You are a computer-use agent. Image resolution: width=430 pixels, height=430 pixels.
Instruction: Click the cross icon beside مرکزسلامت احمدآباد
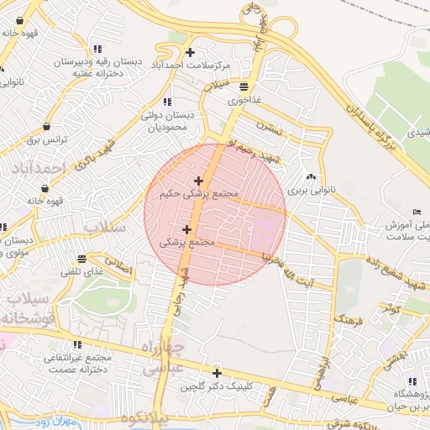click(x=191, y=53)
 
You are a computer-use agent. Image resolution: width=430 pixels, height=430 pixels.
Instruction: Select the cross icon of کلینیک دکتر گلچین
click(x=217, y=373)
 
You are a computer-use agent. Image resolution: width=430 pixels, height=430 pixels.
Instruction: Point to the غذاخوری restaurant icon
click(x=244, y=86)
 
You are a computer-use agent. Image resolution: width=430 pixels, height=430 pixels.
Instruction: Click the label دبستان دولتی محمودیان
click(x=179, y=123)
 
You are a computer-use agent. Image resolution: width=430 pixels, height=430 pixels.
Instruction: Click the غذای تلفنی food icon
click(x=81, y=259)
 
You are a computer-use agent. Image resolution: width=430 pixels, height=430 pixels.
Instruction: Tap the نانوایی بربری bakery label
click(x=312, y=191)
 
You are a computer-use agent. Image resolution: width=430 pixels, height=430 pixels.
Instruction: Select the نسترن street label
click(x=267, y=129)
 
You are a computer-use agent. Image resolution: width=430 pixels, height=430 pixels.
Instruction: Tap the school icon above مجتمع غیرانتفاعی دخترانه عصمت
click(x=77, y=344)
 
